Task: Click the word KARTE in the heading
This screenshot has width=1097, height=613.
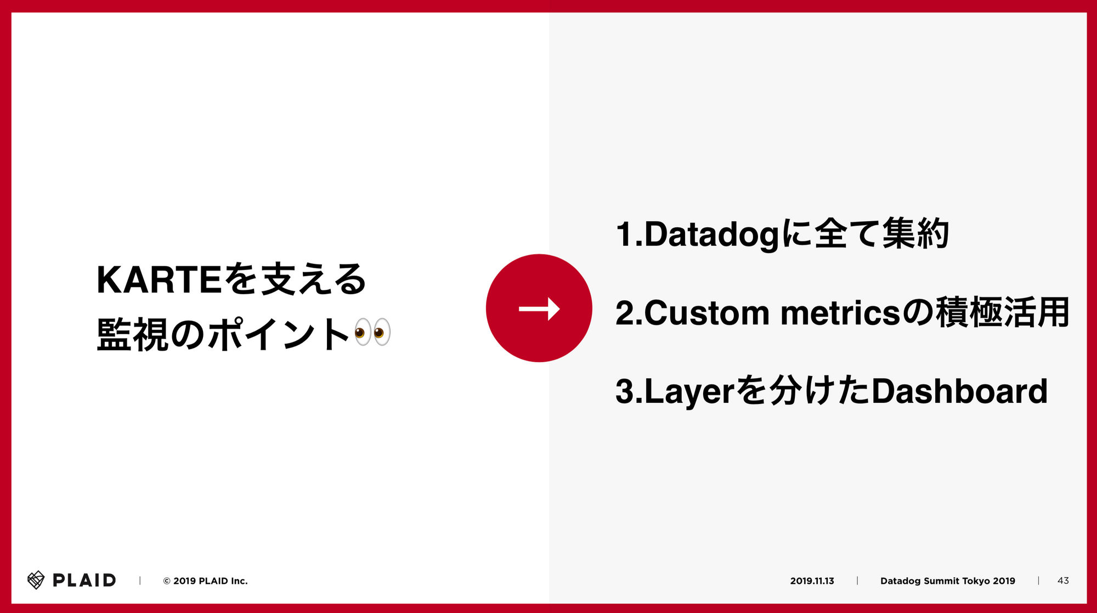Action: (x=159, y=280)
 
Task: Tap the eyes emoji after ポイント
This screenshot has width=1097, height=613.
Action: (x=372, y=332)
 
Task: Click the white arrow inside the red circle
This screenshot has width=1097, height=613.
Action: (x=539, y=309)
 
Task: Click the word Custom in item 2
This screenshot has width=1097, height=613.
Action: (x=707, y=313)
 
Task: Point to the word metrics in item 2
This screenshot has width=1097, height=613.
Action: (x=841, y=313)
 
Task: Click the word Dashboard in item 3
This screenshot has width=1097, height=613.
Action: (x=959, y=391)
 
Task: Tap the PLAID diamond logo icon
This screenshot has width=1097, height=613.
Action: (x=36, y=580)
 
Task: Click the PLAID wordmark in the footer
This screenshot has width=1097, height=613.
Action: (x=84, y=580)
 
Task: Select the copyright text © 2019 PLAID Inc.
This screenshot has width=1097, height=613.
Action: (x=205, y=581)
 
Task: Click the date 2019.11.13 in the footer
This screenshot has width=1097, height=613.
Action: (x=812, y=581)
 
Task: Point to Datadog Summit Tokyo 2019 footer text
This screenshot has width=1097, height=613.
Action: (x=948, y=581)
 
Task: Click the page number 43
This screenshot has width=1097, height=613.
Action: (x=1063, y=581)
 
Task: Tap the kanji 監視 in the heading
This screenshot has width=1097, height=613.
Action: (x=132, y=334)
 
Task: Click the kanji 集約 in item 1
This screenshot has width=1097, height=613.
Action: (x=915, y=233)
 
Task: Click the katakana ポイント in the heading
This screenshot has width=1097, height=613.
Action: (x=279, y=334)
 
